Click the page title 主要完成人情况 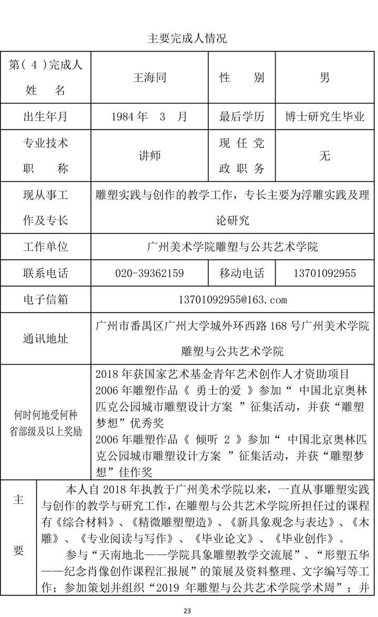click(187, 38)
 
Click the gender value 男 click(325, 78)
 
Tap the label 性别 click(241, 78)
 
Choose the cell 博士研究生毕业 click(325, 117)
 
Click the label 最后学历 click(241, 117)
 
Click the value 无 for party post click(325, 156)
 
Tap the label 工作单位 click(45, 246)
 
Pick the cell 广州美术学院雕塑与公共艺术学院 click(233, 246)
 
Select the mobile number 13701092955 click(325, 273)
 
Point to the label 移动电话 click(241, 273)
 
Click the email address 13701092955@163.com click(233, 300)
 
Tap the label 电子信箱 click(45, 300)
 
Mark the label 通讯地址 click(45, 338)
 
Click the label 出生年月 click(45, 117)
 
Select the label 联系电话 click(45, 273)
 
